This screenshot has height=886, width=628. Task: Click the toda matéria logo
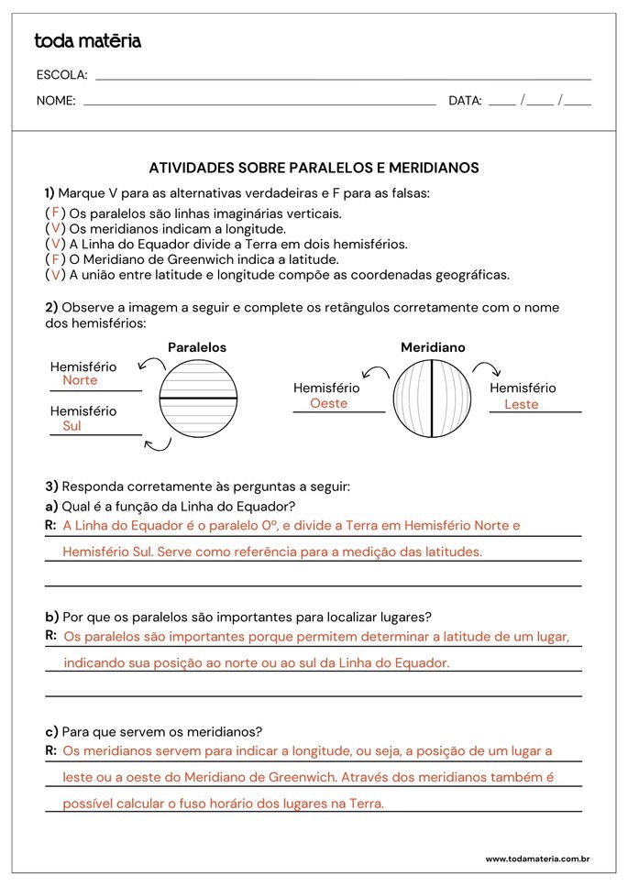[87, 41]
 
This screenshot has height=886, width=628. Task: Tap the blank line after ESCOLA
[343, 79]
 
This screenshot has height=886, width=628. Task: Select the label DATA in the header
[465, 101]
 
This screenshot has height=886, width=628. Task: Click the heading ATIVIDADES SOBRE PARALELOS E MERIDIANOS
[314, 168]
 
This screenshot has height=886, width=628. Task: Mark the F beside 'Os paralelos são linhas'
[55, 213]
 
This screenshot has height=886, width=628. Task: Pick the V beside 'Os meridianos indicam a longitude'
[55, 228]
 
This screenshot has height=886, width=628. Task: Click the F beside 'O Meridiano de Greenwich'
[55, 259]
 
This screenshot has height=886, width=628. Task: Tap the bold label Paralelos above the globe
[197, 348]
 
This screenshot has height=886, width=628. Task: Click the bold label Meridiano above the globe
[433, 348]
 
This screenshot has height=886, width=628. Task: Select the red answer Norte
[80, 380]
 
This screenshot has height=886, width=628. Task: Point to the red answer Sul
[72, 426]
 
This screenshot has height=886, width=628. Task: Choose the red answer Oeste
[328, 403]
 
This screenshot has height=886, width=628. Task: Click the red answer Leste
[521, 404]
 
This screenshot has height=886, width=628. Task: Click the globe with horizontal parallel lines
[199, 399]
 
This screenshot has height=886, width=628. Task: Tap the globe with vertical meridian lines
[432, 399]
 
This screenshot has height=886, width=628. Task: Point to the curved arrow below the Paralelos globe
[159, 445]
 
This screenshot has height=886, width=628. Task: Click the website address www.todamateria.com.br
[536, 859]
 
